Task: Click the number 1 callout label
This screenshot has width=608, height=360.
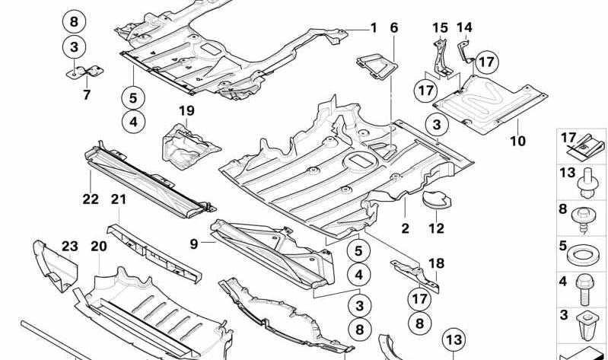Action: click(374, 28)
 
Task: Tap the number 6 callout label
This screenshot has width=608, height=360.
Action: click(394, 28)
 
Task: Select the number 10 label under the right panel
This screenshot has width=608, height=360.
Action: click(517, 140)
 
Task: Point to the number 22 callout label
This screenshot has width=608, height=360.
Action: click(91, 199)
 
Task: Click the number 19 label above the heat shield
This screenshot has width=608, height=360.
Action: click(186, 111)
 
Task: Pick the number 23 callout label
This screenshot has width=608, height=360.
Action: click(70, 246)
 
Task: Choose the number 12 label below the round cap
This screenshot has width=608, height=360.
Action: click(436, 228)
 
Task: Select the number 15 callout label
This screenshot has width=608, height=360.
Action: click(440, 28)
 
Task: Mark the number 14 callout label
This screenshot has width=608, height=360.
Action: click(464, 28)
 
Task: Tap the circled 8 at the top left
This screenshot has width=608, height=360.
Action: click(73, 21)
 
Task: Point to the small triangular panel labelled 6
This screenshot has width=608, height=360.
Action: click(377, 65)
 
